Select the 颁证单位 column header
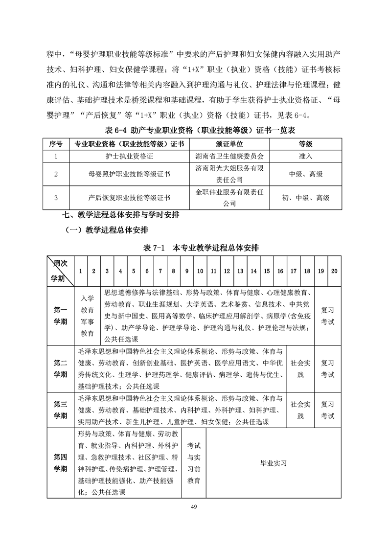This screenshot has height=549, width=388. tap(229, 144)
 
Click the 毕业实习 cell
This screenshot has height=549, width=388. tap(273, 462)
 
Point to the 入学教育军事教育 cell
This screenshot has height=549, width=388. tap(88, 316)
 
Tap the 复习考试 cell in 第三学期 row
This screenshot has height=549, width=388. tap(327, 410)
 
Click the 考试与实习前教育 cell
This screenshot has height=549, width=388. tap(194, 462)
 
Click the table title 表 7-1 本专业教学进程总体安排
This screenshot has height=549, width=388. tap(194, 249)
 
